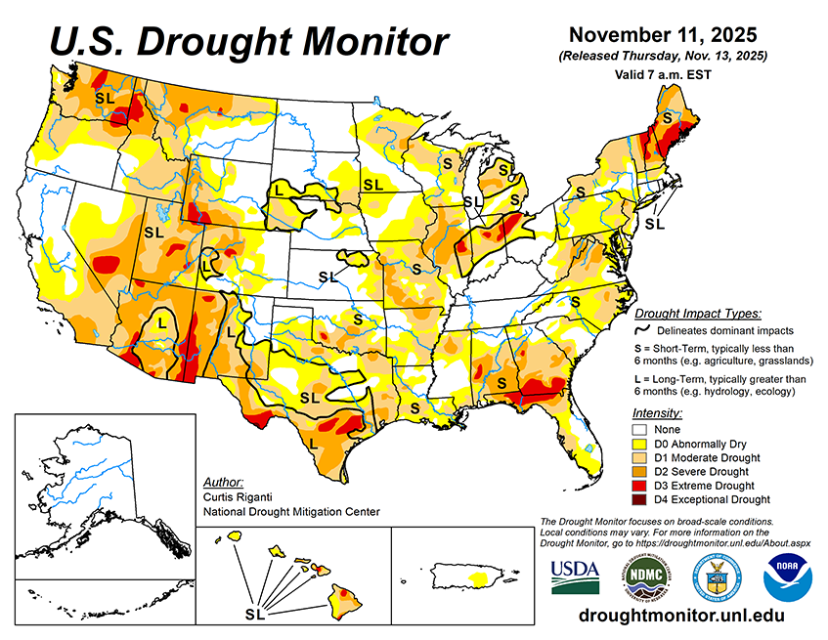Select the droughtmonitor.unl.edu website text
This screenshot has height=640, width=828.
[682, 616]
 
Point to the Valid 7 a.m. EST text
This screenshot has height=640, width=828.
[661, 74]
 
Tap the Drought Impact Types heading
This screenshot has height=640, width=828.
[697, 314]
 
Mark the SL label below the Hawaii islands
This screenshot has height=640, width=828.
[255, 614]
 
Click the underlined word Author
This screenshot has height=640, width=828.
[223, 482]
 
